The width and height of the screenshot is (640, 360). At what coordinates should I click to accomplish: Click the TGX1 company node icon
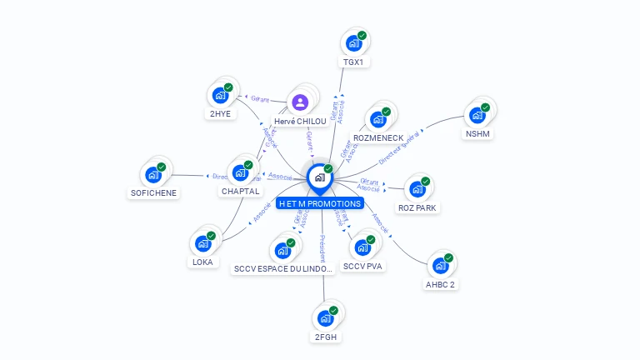pos(353,42)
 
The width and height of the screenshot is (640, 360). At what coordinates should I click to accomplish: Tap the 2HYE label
pos(220,114)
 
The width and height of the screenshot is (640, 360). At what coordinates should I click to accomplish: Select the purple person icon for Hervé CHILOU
pos(300,102)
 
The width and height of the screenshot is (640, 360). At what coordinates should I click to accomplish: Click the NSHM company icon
pos(477,114)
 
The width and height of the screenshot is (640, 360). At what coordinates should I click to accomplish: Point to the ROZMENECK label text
pos(378,137)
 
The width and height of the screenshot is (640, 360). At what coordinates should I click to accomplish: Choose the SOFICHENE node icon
pos(153,174)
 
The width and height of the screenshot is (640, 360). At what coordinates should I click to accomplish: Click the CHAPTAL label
pos(241,191)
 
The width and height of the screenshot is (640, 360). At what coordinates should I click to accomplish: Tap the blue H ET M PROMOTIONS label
pos(321,203)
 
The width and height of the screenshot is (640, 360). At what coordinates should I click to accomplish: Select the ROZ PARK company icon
pos(417,188)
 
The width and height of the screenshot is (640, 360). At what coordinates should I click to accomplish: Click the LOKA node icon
pos(202,243)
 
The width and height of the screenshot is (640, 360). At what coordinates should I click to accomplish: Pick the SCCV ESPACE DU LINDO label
pos(284,268)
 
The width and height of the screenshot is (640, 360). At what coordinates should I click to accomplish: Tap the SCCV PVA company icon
pos(362,247)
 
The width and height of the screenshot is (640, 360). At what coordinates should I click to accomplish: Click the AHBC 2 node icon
pos(440,266)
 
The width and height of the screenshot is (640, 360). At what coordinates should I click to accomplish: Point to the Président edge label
pos(322,248)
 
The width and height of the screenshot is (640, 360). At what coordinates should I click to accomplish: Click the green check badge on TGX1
pos(362,36)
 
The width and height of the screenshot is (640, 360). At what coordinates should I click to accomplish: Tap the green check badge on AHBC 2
pos(448,258)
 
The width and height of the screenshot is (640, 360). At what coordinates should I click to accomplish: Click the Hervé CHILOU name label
pos(300,122)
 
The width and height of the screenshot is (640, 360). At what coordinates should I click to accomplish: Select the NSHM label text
pos(477,134)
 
